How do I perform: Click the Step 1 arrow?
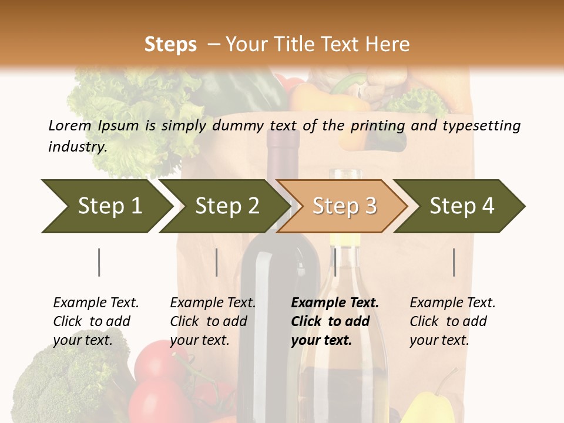[106, 206]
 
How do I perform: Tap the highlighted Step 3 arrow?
[344, 206]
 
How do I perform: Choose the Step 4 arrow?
[461, 206]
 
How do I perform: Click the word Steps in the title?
[170, 44]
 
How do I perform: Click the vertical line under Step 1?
[99, 262]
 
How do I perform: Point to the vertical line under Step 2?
[217, 262]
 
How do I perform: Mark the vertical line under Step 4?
[454, 262]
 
